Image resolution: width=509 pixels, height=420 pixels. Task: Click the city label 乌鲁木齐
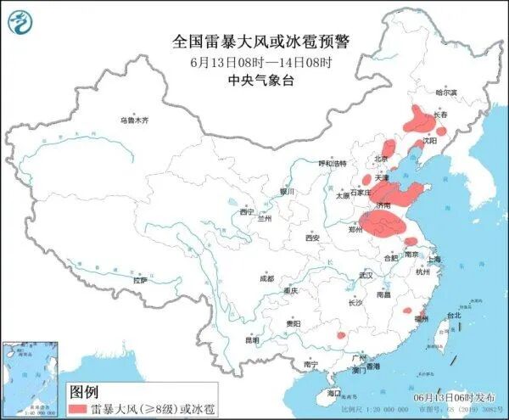[x=134, y=120]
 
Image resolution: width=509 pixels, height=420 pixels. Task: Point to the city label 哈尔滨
[x=446, y=92]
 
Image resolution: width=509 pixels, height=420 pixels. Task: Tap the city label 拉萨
[x=141, y=280]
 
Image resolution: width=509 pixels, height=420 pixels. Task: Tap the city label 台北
[x=453, y=315]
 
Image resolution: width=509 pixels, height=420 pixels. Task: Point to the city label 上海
[x=433, y=259]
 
